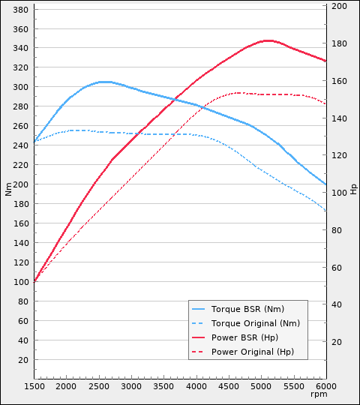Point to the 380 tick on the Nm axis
pyautogui.click(x=21, y=10)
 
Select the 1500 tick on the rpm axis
pyautogui.click(x=34, y=385)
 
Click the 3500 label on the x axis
pyautogui.click(x=163, y=385)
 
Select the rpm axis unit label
pyautogui.click(x=319, y=394)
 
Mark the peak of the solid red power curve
pyautogui.click(x=267, y=40)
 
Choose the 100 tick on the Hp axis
pyautogui.click(x=339, y=193)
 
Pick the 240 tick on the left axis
pyautogui.click(x=21, y=145)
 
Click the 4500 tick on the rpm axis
pyautogui.click(x=229, y=385)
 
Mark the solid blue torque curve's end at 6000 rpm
pyautogui.click(x=326, y=184)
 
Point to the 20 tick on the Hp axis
pyautogui.click(x=337, y=342)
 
